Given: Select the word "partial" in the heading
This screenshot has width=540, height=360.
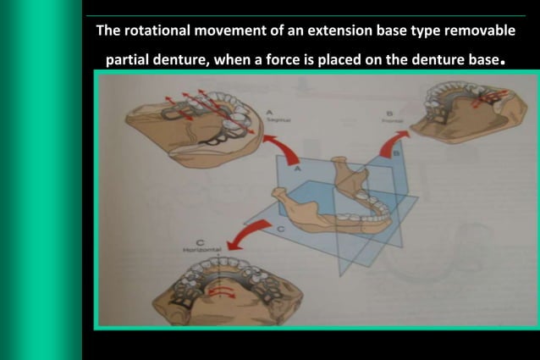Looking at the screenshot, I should [x=129, y=61].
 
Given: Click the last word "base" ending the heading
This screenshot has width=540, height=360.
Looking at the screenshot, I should [x=480, y=61].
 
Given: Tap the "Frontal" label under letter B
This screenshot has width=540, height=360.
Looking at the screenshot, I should [x=392, y=122].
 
